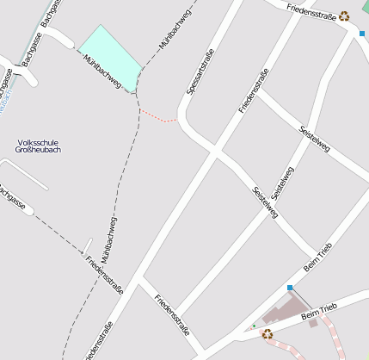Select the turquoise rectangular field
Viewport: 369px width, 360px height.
110,56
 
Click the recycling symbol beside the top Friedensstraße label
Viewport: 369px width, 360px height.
345,15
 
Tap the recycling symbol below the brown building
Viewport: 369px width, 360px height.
268,334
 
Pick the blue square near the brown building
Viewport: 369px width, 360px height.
290,288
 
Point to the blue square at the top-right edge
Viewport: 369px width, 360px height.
362,34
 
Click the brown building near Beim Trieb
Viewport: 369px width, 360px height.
284,313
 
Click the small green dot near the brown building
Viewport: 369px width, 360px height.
254,326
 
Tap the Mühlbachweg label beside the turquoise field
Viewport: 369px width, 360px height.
101,71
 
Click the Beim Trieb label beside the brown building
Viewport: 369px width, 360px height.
320,313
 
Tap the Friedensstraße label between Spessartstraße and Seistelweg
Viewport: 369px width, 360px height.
254,90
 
